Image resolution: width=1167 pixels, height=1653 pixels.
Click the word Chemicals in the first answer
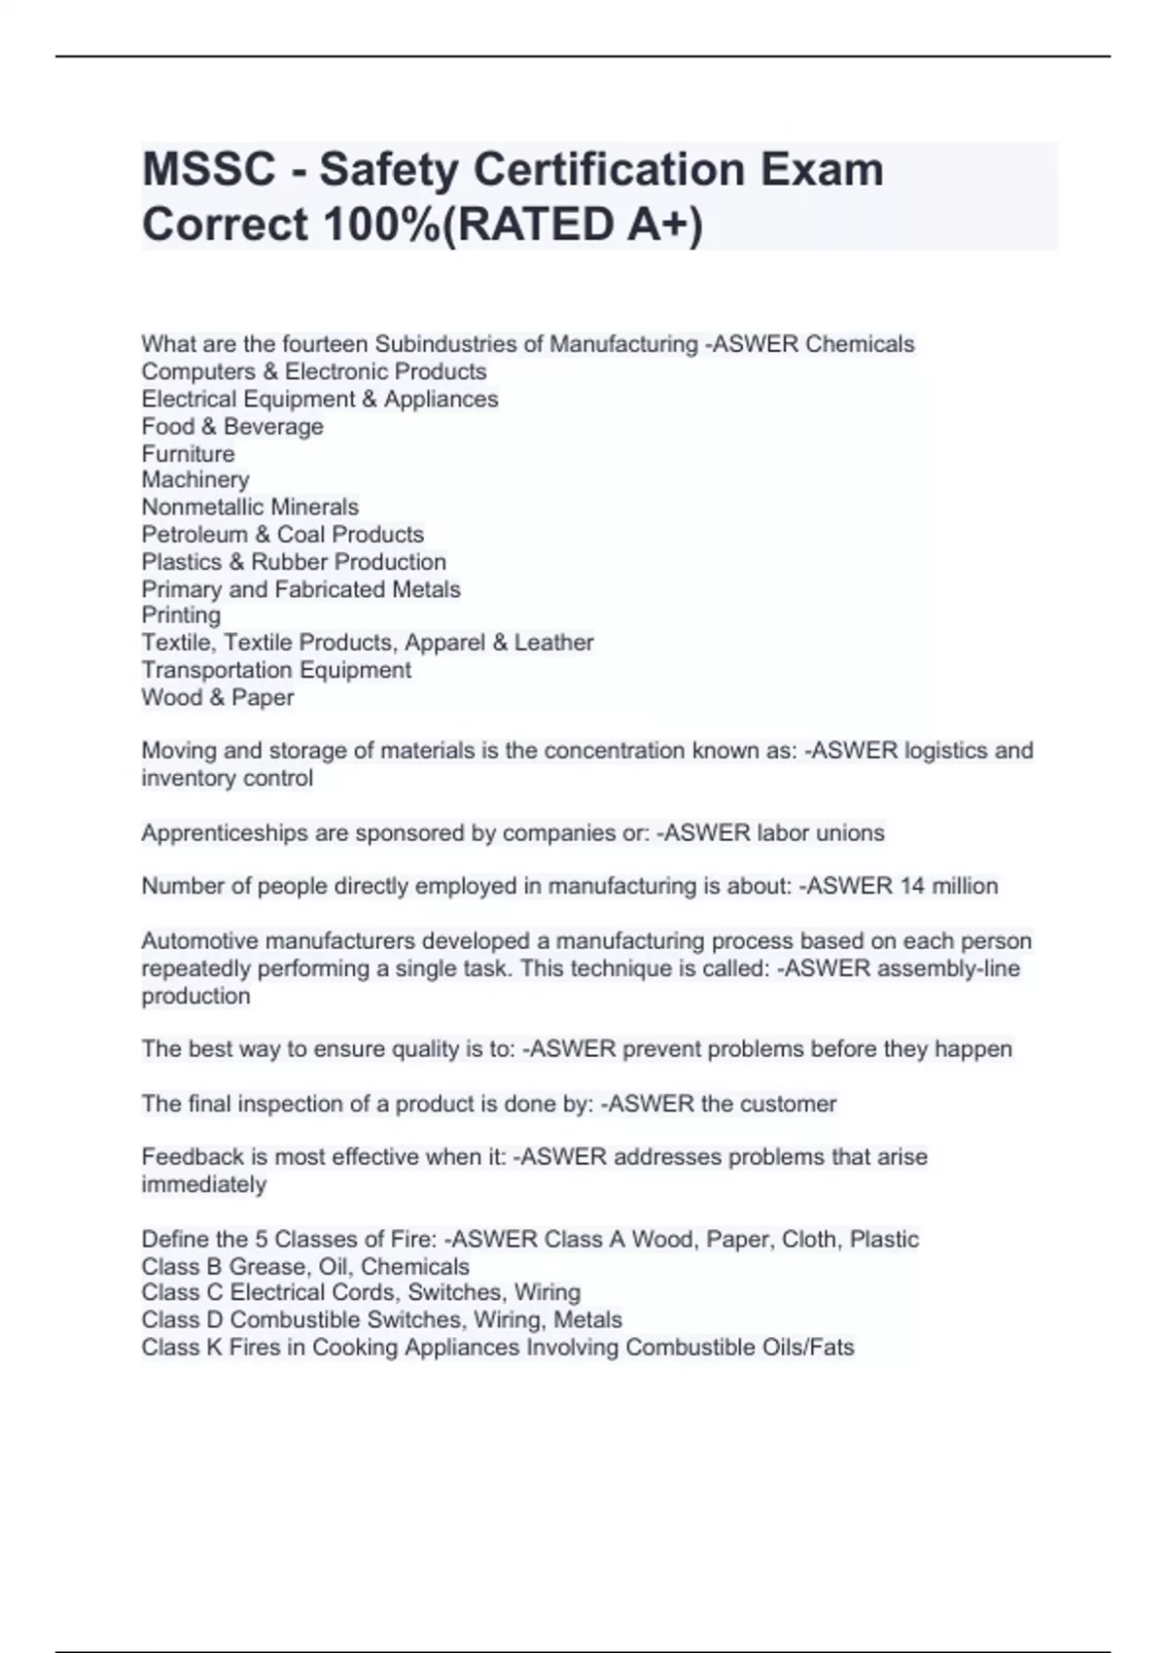click(860, 344)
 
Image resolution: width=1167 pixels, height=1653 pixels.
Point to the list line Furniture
click(188, 454)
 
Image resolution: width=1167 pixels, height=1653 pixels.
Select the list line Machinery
click(195, 480)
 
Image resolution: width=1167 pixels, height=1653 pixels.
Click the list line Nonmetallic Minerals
click(250, 508)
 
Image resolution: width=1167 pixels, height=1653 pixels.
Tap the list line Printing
click(181, 615)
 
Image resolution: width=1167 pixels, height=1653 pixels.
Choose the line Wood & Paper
click(217, 697)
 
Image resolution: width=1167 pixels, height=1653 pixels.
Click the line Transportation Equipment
click(276, 670)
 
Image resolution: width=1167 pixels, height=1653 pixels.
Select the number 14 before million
click(912, 887)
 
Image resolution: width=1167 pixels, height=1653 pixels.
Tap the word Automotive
click(199, 941)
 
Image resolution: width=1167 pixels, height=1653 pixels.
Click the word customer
click(788, 1104)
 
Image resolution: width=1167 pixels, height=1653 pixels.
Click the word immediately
click(203, 1184)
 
